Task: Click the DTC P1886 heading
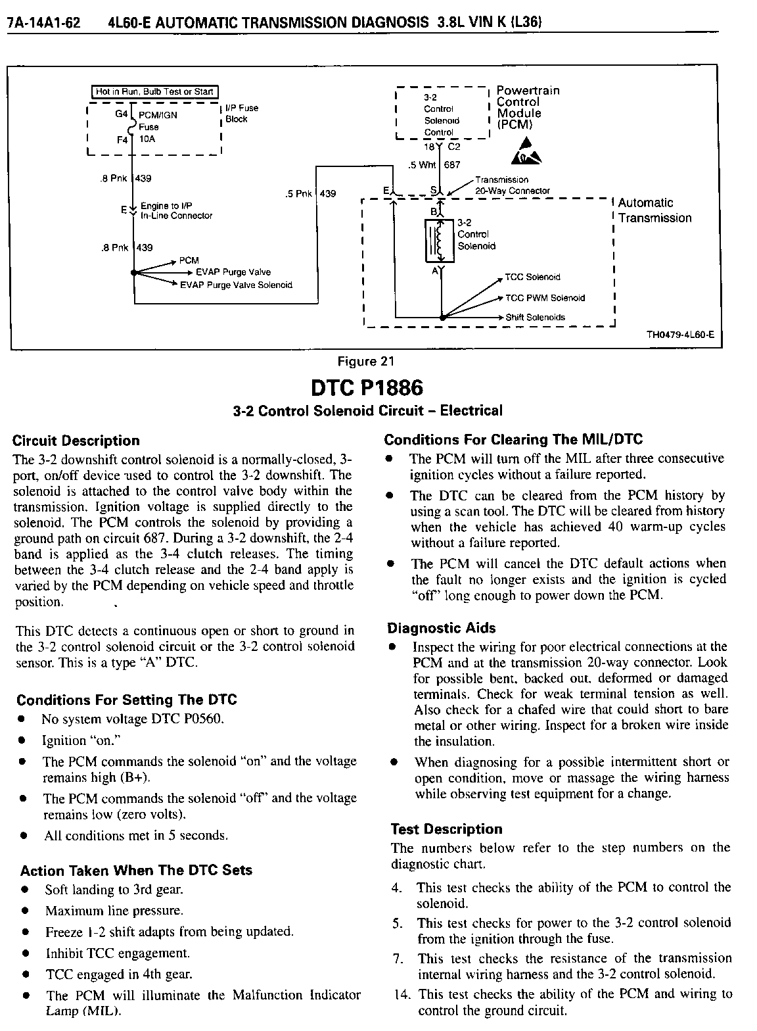(367, 388)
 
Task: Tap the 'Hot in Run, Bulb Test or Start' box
(155, 92)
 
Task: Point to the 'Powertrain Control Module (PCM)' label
(527, 107)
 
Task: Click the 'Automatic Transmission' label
(654, 210)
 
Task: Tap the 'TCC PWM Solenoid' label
(545, 298)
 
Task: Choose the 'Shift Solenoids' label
(535, 318)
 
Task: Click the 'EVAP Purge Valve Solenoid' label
(237, 285)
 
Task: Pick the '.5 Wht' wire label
(417, 165)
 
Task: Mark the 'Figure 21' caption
(365, 361)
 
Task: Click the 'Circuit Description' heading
(76, 441)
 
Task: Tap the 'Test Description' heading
(446, 829)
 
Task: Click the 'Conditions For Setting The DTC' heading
(127, 700)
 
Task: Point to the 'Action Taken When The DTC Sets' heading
(136, 871)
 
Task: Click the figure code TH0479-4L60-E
(680, 335)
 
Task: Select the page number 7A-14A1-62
(43, 24)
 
